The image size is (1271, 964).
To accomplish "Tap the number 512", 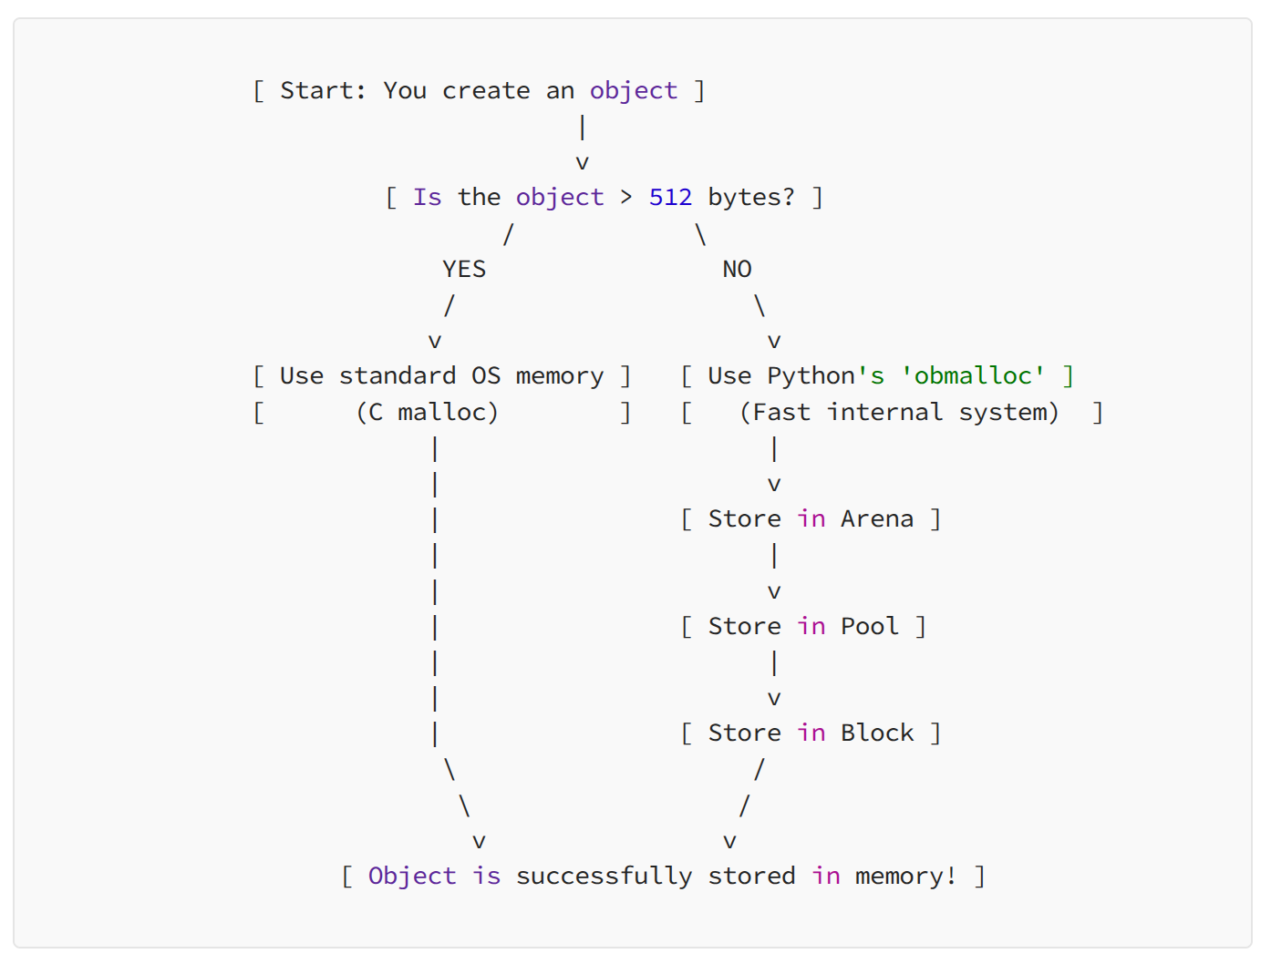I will point(670,198).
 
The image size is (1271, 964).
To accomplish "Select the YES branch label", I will point(464,270).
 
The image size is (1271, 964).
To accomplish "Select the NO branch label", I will point(737,270).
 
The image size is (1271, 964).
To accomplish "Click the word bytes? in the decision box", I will point(751,198).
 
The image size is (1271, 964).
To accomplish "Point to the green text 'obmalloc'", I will point(973,376).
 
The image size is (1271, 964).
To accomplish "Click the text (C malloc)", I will point(427,413).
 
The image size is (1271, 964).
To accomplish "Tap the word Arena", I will point(876,519).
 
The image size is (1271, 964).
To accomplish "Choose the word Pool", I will point(869,627).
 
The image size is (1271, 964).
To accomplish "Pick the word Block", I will point(876,733).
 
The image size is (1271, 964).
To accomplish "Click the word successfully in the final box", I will point(604,877).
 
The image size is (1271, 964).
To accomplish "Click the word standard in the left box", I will point(398,376).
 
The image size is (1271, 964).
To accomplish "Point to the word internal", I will point(884,413).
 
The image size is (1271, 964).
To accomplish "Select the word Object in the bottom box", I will point(412,877).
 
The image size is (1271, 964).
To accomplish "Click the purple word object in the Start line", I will point(633,91).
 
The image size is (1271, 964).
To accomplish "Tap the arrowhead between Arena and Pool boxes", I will point(774,592).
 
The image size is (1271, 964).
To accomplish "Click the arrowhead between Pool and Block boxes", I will point(774,699).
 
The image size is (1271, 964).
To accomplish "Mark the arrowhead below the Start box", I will point(582,163).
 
